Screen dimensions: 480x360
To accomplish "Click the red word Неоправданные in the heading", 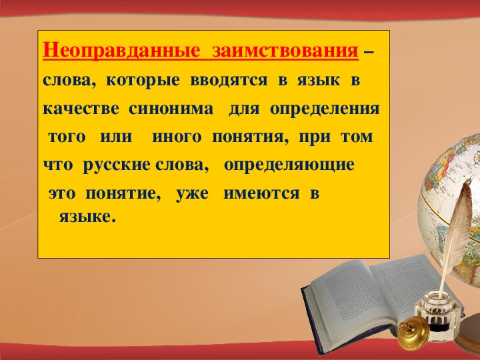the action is pos(121,50).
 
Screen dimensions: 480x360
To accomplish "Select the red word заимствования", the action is pos(285,50).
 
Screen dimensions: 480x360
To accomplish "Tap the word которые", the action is pos(143,81).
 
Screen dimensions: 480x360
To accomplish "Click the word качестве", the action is pos(81,109).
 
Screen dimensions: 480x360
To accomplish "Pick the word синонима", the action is pos(171,109).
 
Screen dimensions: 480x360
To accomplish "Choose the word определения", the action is pos(325,109).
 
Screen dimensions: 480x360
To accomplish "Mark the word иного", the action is pos(177,137).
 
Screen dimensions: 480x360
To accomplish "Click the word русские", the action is pos(117,165).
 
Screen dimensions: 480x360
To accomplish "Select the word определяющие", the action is pos(289,165).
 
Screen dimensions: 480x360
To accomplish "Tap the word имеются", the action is pos(261,193).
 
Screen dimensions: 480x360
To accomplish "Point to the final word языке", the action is pos(87,217).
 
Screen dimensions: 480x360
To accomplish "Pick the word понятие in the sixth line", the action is pos(123,194).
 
